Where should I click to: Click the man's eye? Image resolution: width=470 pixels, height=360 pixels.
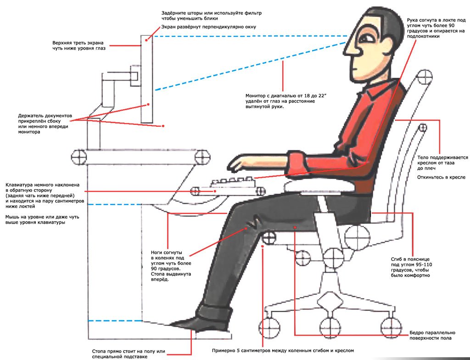(x=367, y=39)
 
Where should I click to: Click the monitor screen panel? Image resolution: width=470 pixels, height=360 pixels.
(x=147, y=79)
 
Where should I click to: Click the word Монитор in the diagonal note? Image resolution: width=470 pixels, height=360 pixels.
(x=256, y=96)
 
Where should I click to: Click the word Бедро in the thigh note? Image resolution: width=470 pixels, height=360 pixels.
(x=417, y=333)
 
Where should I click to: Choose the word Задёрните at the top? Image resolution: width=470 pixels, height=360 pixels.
(x=173, y=13)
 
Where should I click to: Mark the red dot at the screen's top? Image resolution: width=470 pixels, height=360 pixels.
(x=146, y=39)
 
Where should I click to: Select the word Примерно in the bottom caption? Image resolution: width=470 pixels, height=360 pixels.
(x=224, y=350)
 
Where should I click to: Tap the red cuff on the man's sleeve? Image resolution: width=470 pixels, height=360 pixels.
(x=297, y=163)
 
